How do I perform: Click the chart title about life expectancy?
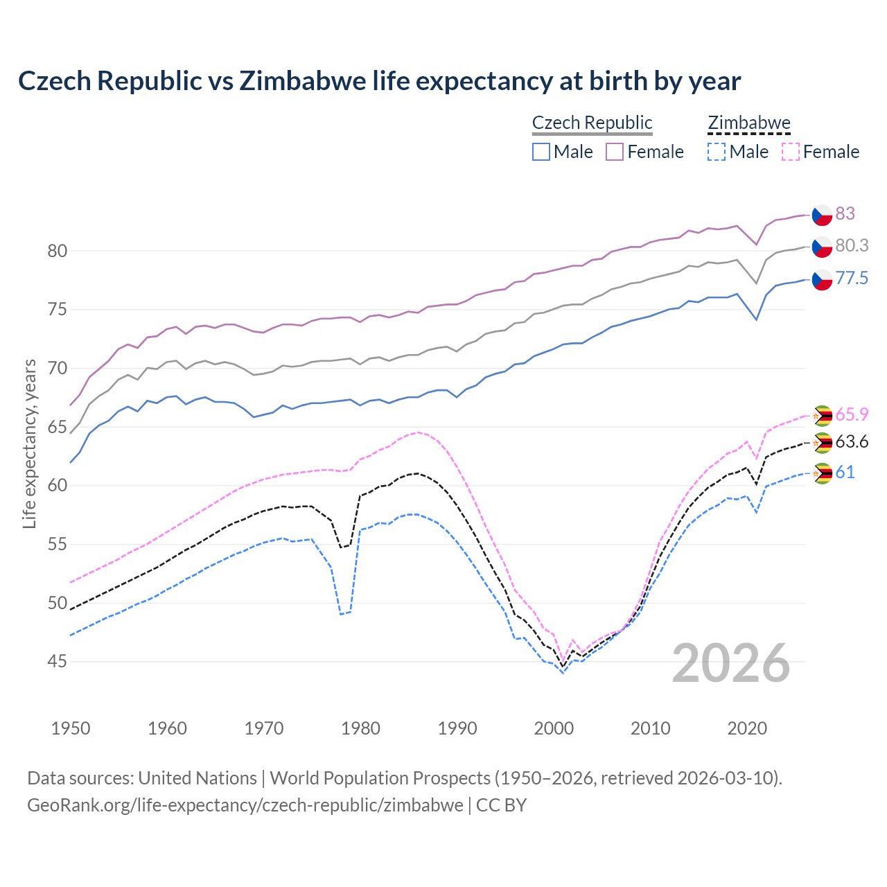pos(379,81)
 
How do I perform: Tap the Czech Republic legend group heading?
pos(592,123)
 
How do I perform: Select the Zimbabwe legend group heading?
pos(748,123)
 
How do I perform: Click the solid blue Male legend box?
pos(541,152)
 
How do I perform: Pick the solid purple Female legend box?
pos(615,152)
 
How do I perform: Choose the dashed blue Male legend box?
pos(717,152)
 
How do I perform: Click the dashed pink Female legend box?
pos(791,152)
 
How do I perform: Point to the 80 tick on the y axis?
pos(58,251)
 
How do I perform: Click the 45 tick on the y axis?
pos(58,662)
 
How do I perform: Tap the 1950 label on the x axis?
pos(71,728)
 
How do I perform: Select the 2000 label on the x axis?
pos(554,728)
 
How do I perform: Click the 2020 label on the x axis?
pos(747,728)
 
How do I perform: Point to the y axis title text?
pos(29,443)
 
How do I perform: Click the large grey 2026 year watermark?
pos(731,663)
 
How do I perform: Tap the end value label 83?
pos(845,213)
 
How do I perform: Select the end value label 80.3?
pos(852,245)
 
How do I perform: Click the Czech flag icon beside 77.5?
pos(822,279)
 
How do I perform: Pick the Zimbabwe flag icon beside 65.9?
pos(822,415)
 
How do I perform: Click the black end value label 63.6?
pos(852,442)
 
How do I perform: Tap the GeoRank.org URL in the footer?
pos(245,805)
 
